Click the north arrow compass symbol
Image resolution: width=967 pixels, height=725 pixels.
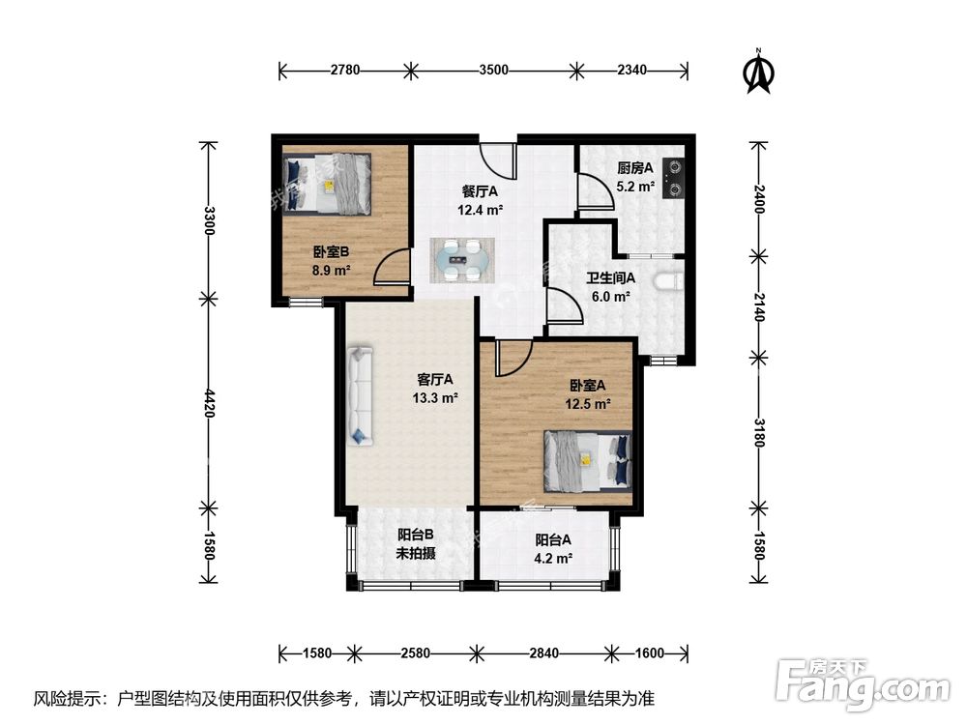pos(759,72)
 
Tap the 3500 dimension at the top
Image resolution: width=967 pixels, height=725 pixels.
pos(493,70)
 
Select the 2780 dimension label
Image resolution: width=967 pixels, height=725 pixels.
pos(345,70)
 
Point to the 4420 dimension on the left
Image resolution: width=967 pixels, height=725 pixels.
pos(209,403)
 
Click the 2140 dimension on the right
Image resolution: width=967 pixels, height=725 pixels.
pos(758,306)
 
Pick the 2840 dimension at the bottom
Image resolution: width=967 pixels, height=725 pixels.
pos(543,652)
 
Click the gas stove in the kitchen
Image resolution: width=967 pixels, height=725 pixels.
pos(674,178)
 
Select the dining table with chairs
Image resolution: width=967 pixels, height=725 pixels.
pos(462,261)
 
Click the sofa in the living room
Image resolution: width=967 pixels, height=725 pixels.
pos(361,395)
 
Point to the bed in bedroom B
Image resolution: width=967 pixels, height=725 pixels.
pos(328,184)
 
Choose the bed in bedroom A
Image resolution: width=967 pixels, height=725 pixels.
pos(588,461)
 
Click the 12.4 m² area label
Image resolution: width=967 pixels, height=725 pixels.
pos(480,210)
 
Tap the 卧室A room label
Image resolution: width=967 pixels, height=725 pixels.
pos(588,386)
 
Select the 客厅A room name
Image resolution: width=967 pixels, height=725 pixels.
pos(435,379)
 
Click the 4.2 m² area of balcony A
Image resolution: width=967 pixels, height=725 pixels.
pos(553,559)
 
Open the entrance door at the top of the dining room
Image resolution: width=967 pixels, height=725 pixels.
pos(497,159)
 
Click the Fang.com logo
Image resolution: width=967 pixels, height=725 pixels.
pos(863,681)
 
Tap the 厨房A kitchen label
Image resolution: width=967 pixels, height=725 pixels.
pos(635,167)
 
